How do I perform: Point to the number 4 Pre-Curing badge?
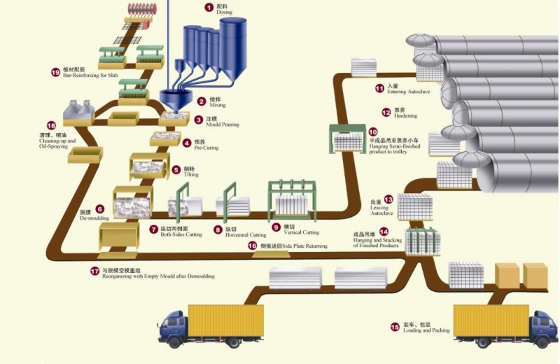coord(187,143)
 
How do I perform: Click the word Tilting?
coord(191,175)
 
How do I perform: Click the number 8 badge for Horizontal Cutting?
coord(219,229)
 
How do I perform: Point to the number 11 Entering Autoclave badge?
coord(380,88)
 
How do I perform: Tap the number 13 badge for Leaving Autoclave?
coord(388,199)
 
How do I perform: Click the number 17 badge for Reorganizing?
coord(96,270)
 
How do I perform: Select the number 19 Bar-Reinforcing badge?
coord(56,71)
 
